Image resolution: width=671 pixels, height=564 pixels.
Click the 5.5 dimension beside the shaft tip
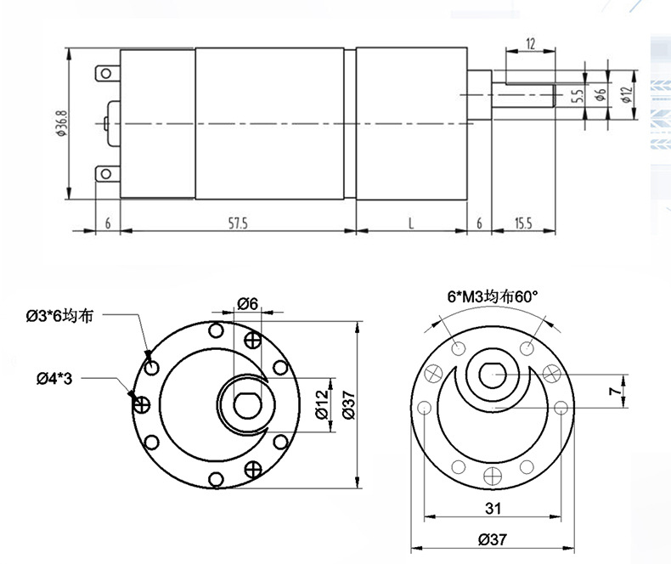(x=577, y=97)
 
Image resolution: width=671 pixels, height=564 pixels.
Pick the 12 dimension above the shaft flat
(x=530, y=44)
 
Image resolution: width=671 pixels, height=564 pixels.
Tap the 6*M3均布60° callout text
(x=493, y=297)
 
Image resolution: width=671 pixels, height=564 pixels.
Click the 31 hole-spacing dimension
(x=493, y=509)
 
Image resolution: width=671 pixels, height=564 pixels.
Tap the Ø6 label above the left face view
(x=247, y=303)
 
